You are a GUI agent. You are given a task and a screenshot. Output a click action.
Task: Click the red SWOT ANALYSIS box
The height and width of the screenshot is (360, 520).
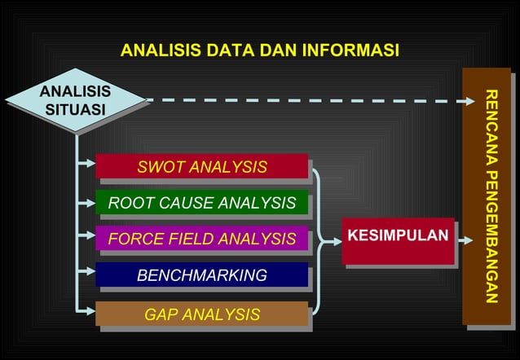coord(201,167)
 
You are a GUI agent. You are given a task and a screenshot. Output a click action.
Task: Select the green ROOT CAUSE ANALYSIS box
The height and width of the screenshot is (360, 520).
coord(201,203)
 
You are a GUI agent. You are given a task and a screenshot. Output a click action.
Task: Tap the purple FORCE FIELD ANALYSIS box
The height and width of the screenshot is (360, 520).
coord(201,239)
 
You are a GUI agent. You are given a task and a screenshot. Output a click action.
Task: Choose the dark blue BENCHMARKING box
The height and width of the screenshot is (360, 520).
coord(201,275)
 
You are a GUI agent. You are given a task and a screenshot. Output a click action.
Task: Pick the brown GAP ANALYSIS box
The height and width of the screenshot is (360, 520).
coord(201,314)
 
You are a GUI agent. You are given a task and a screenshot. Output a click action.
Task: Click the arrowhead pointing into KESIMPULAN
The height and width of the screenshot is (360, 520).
coord(335,241)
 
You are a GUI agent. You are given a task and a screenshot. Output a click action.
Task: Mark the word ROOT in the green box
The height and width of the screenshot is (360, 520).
coord(126,203)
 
